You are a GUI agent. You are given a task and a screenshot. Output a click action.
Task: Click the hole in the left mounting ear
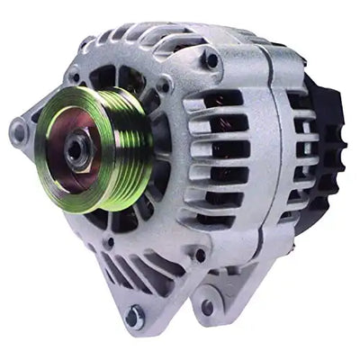18,133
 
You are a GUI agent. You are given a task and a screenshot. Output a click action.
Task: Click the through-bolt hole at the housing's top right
211,61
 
